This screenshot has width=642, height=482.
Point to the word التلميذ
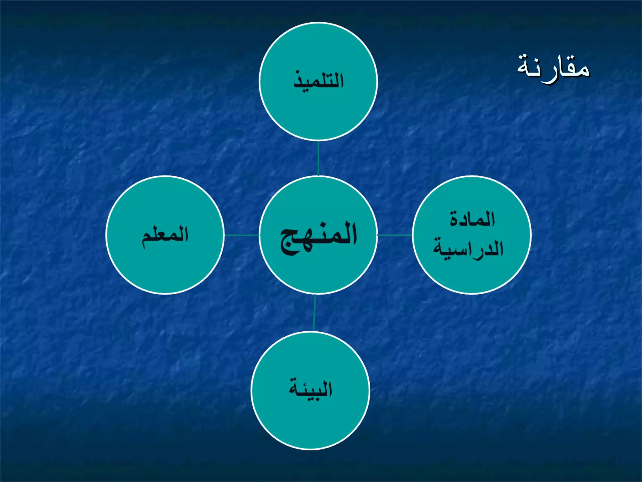pos(318,80)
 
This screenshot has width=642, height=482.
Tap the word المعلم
pos(165,235)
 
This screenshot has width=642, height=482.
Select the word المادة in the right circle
pos(472,219)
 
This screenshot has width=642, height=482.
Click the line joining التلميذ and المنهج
pos(318,158)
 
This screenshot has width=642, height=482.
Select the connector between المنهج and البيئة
pos(314,313)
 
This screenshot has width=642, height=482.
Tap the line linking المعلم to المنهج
pos(242,235)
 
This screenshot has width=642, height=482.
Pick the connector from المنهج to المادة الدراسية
pos(395,235)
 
